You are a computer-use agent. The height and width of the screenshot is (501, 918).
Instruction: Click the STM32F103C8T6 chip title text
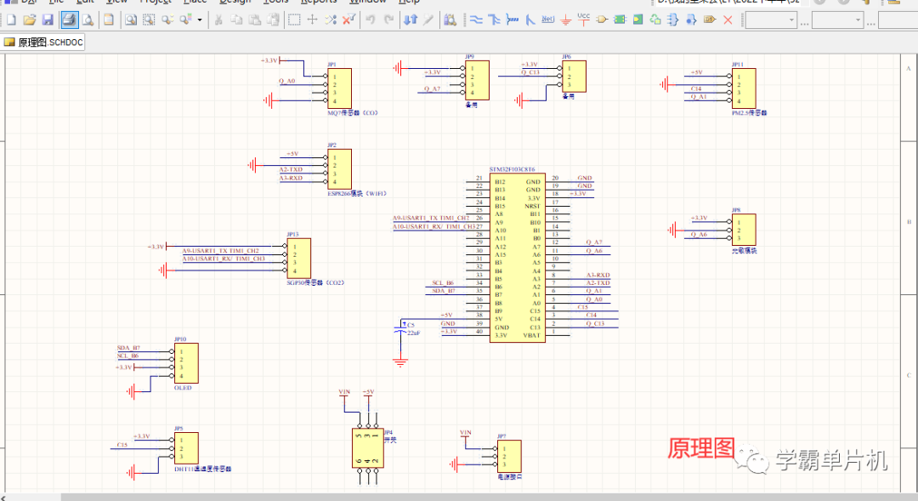512,170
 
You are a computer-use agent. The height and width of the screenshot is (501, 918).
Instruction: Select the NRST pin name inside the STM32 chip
532,206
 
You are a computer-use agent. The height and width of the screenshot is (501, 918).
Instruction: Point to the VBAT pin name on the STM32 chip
531,335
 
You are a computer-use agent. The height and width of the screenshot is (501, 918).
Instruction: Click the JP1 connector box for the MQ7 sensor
339,88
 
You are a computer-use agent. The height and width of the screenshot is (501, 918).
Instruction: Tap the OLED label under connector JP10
182,387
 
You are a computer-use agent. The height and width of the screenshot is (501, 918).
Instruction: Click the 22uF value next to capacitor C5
413,333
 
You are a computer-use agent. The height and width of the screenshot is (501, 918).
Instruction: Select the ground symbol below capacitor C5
400,362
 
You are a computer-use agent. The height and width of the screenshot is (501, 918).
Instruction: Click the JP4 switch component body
367,447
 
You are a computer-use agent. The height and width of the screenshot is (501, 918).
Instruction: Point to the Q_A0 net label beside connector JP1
286,81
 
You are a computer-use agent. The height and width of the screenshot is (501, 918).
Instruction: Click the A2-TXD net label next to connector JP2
291,170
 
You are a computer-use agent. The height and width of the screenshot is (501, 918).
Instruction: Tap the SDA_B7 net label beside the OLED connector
128,349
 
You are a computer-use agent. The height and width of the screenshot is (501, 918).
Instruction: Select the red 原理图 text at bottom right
701,448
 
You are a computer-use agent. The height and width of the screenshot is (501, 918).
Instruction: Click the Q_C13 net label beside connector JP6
530,72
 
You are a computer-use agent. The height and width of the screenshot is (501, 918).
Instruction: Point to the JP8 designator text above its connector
736,209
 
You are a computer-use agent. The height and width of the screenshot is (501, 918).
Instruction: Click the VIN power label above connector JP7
465,433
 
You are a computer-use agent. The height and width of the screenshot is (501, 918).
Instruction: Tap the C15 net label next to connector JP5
122,445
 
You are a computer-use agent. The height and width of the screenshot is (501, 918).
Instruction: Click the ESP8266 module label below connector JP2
351,193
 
